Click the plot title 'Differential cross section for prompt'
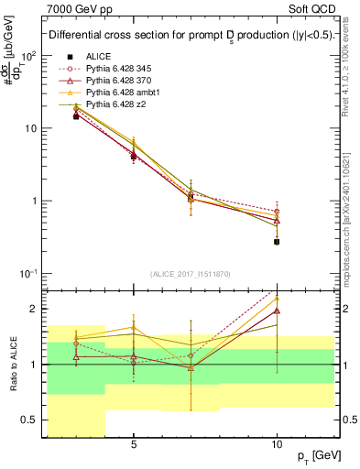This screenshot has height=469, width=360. point(128,36)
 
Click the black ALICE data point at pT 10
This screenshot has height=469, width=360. point(277,242)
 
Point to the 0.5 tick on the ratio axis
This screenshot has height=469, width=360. point(35,420)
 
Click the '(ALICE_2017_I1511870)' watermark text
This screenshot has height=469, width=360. point(191,274)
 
